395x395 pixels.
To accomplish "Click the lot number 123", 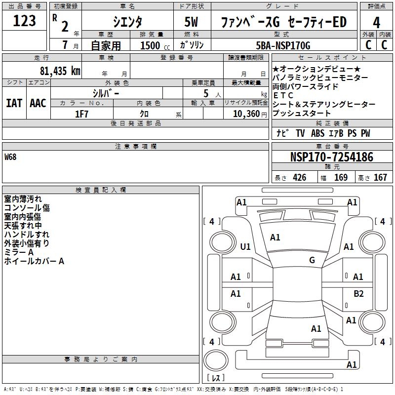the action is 24,21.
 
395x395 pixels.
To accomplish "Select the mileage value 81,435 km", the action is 60,71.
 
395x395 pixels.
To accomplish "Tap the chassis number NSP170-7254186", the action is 331,158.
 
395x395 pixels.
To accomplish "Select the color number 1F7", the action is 81,114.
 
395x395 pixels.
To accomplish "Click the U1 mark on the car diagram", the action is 245,246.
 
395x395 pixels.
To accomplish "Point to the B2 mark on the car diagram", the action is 358,294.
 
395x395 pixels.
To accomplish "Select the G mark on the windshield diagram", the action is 312,260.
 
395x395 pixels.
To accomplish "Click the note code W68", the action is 11,158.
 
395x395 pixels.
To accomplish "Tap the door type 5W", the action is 192,22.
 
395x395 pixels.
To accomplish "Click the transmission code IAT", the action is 14,103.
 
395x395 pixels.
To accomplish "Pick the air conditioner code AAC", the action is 38,103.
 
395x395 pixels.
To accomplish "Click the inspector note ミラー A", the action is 19,252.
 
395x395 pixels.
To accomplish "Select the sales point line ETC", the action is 283,95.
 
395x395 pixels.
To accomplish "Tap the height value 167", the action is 380,178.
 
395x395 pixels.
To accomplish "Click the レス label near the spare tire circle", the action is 216,378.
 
